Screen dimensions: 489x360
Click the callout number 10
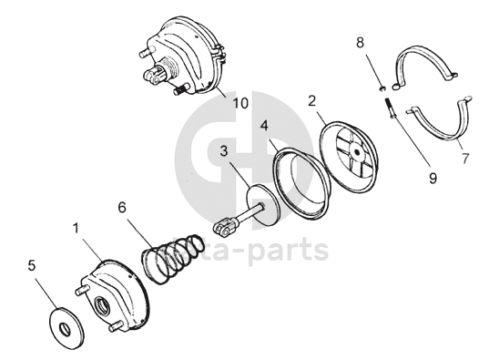[x=240, y=103]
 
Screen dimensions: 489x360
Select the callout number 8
[x=361, y=43]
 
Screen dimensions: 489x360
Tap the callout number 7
[x=465, y=159]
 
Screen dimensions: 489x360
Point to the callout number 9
[x=433, y=179]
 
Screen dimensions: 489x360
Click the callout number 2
[x=311, y=101]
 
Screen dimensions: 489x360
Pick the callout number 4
[x=264, y=126]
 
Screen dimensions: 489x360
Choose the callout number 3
[x=224, y=151]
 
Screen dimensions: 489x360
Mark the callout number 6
[x=122, y=207]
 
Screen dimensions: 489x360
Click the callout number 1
[x=76, y=229]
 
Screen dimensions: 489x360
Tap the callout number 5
[x=32, y=266]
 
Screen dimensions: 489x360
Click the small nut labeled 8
[x=382, y=89]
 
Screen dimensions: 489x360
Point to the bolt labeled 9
[x=390, y=108]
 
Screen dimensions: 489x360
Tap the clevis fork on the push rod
[x=224, y=227]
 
